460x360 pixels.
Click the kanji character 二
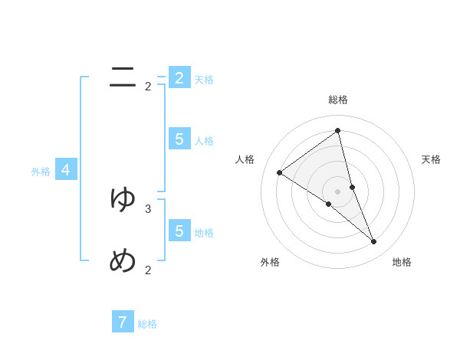pos(123,77)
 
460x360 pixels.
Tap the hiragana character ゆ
pos(123,199)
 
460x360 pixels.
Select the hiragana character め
pos(123,261)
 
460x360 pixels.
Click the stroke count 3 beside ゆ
pos(148,208)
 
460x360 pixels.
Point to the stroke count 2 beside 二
pos(148,87)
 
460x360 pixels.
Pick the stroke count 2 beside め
pos(148,270)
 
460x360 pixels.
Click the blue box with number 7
pos(123,322)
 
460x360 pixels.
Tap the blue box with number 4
pos(66,170)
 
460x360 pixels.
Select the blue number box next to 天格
pos(179,78)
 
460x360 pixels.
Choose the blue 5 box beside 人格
pos(179,139)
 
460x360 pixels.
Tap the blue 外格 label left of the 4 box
pos(41,172)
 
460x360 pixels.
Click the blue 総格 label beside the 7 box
pos(147,324)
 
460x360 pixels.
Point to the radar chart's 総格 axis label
pos(337,100)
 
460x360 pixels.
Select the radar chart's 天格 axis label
pos(432,159)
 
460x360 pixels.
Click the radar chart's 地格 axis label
pos(402,262)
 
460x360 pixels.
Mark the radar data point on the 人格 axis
pos(279,172)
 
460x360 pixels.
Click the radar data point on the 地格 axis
pos(374,242)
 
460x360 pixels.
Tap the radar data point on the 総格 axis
pos(337,130)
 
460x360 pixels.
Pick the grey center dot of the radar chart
pos(337,191)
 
